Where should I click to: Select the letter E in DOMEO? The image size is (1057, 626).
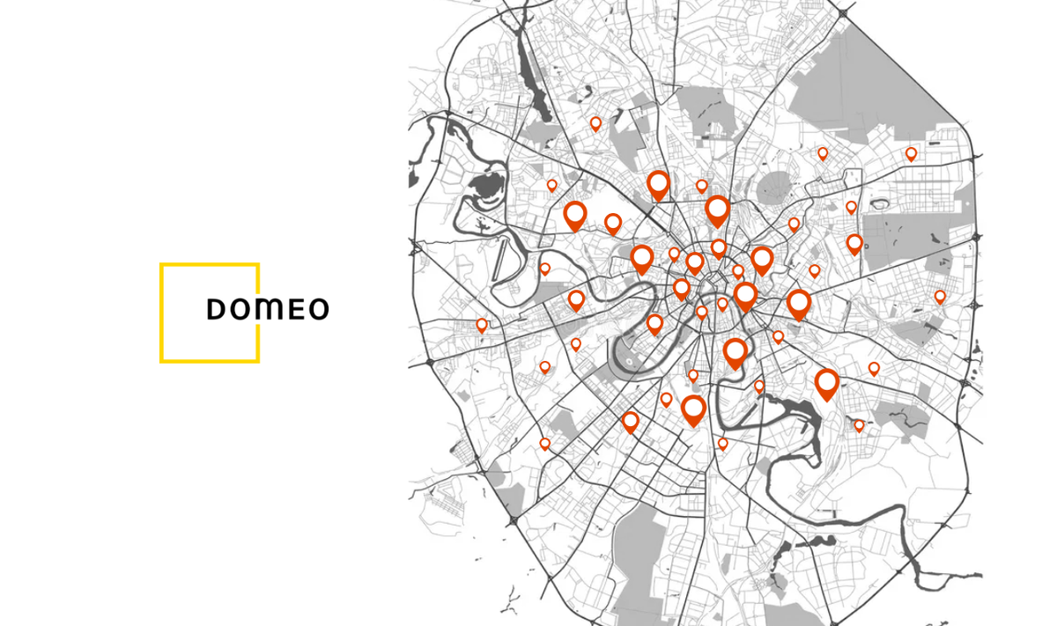pyautogui.click(x=295, y=309)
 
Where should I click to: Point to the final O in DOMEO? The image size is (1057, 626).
pyautogui.click(x=318, y=309)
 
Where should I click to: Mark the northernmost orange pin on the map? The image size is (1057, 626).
pyautogui.click(x=595, y=123)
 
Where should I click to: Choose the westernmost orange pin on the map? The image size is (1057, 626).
pyautogui.click(x=482, y=325)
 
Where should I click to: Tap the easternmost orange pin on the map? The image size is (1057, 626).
pyautogui.click(x=940, y=297)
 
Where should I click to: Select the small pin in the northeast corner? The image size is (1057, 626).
pyautogui.click(x=911, y=153)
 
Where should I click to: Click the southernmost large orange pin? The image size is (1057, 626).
pyautogui.click(x=694, y=409)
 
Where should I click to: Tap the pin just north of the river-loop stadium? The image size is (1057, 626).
pyautogui.click(x=654, y=323)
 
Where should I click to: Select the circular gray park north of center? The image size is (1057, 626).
pyautogui.click(x=775, y=187)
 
